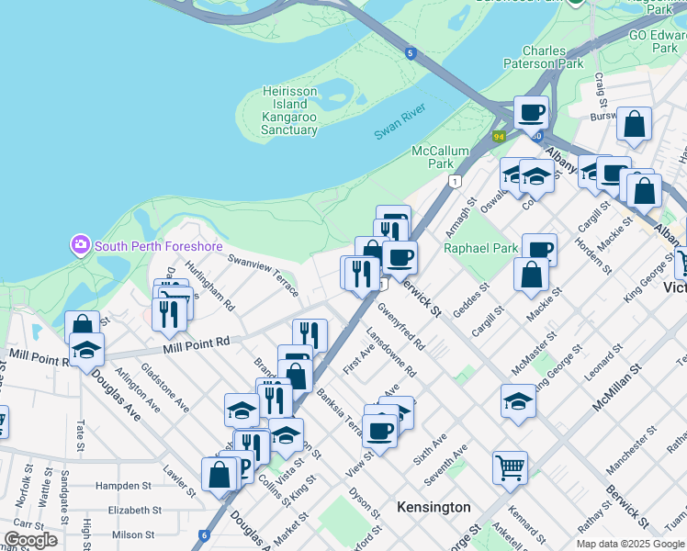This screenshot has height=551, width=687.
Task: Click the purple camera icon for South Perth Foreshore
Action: [80, 244]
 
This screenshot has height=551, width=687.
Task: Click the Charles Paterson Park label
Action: [543, 58]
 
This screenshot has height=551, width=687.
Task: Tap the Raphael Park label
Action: [481, 248]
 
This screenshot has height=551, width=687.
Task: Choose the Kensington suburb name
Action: [434, 507]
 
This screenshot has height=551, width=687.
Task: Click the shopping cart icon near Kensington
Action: [510, 466]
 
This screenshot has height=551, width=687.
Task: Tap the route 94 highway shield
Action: [499, 137]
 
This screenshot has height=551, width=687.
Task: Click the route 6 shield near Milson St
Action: [204, 534]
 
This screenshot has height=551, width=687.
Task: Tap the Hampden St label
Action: [129, 485]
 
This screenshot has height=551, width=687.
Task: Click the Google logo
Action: [31, 540]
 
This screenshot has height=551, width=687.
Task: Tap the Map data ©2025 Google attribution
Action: [629, 544]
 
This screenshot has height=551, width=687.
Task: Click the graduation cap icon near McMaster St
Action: [518, 399]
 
